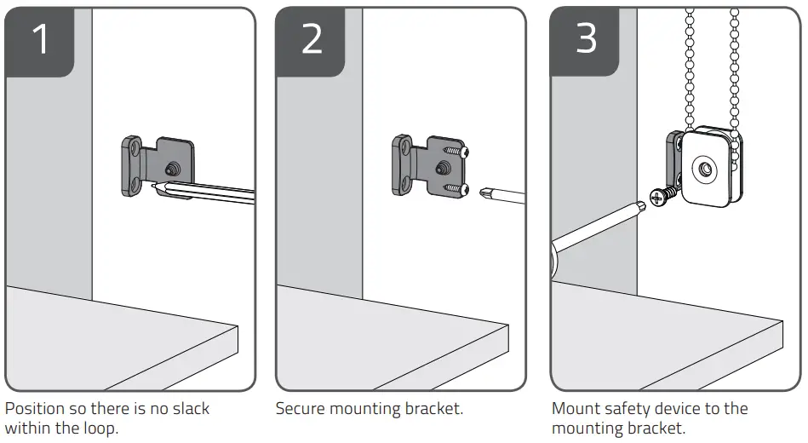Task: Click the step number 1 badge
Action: pos(39,41)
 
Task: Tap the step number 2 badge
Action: pos(312,41)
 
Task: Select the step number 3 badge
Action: pos(586,41)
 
